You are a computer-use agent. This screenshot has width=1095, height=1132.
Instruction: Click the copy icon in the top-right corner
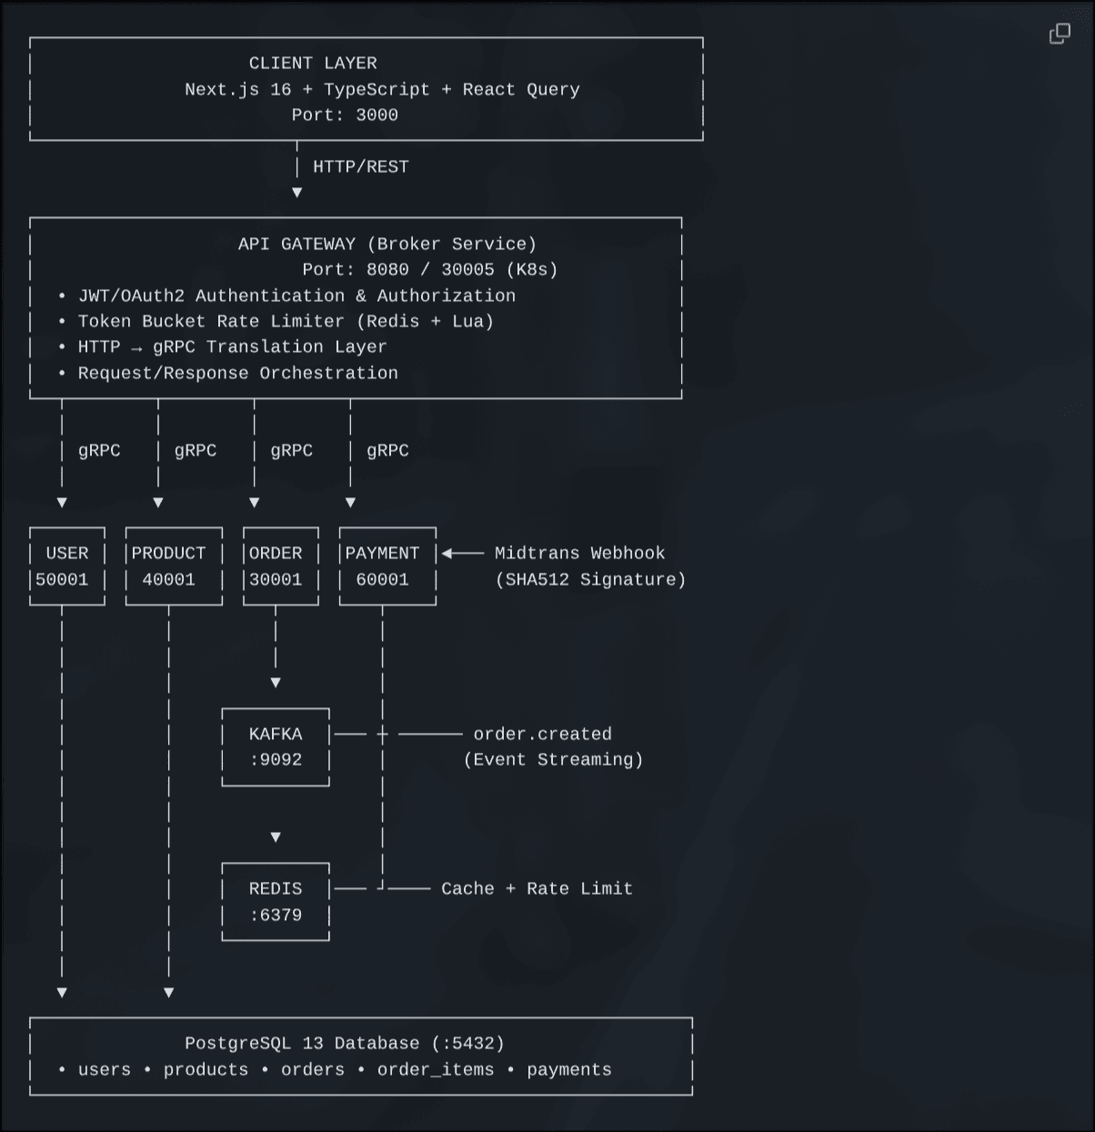tap(1060, 35)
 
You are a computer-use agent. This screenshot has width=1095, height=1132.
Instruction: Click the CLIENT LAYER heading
tap(313, 63)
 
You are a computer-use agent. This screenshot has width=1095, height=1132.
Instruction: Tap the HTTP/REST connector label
tap(360, 166)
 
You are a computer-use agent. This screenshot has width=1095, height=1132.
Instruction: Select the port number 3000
tap(377, 115)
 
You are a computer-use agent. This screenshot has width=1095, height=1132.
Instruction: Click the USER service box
tap(66, 566)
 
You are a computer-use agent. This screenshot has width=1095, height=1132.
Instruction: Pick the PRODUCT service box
tap(173, 566)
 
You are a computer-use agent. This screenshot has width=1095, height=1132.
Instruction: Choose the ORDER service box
tap(280, 566)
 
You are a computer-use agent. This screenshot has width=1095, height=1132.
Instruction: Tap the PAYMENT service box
tap(387, 566)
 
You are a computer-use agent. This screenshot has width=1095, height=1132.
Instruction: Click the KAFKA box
tap(276, 746)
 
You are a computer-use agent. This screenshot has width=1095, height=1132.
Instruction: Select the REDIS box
tap(276, 901)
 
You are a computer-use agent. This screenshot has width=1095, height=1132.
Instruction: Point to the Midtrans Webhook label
tap(579, 553)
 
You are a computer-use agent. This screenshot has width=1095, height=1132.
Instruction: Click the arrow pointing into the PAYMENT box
tap(462, 553)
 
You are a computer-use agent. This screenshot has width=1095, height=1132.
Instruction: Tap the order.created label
tap(542, 734)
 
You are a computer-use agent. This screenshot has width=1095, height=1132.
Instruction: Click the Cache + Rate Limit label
tap(537, 888)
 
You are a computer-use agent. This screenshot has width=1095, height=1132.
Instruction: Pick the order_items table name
tap(436, 1069)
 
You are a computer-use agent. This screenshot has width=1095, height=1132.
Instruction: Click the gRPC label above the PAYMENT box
tap(387, 450)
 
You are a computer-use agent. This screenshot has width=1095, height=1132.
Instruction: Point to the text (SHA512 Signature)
tap(590, 579)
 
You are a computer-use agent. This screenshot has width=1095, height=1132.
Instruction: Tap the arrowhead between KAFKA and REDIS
tap(276, 836)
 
